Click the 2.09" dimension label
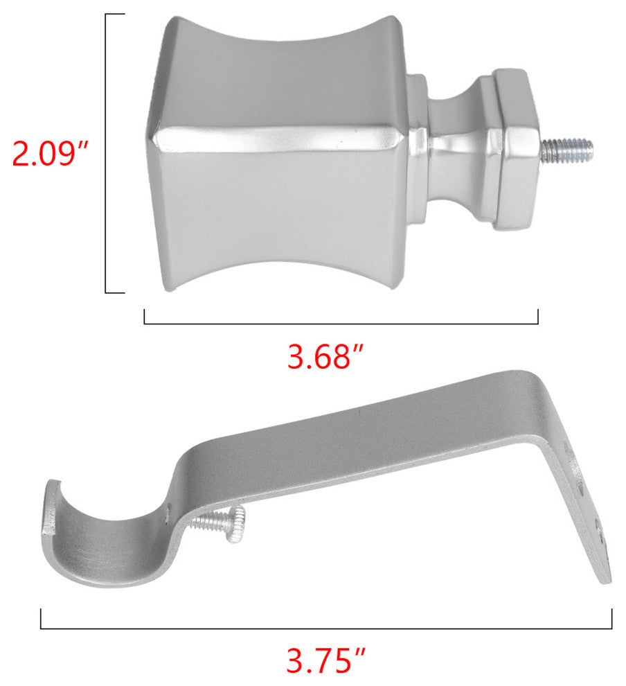[x=50, y=153]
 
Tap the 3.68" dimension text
[x=325, y=357]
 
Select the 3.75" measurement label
[x=325, y=660]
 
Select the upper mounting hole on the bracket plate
[x=580, y=487]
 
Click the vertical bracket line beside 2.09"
[x=106, y=153]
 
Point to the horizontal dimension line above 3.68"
[x=341, y=324]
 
